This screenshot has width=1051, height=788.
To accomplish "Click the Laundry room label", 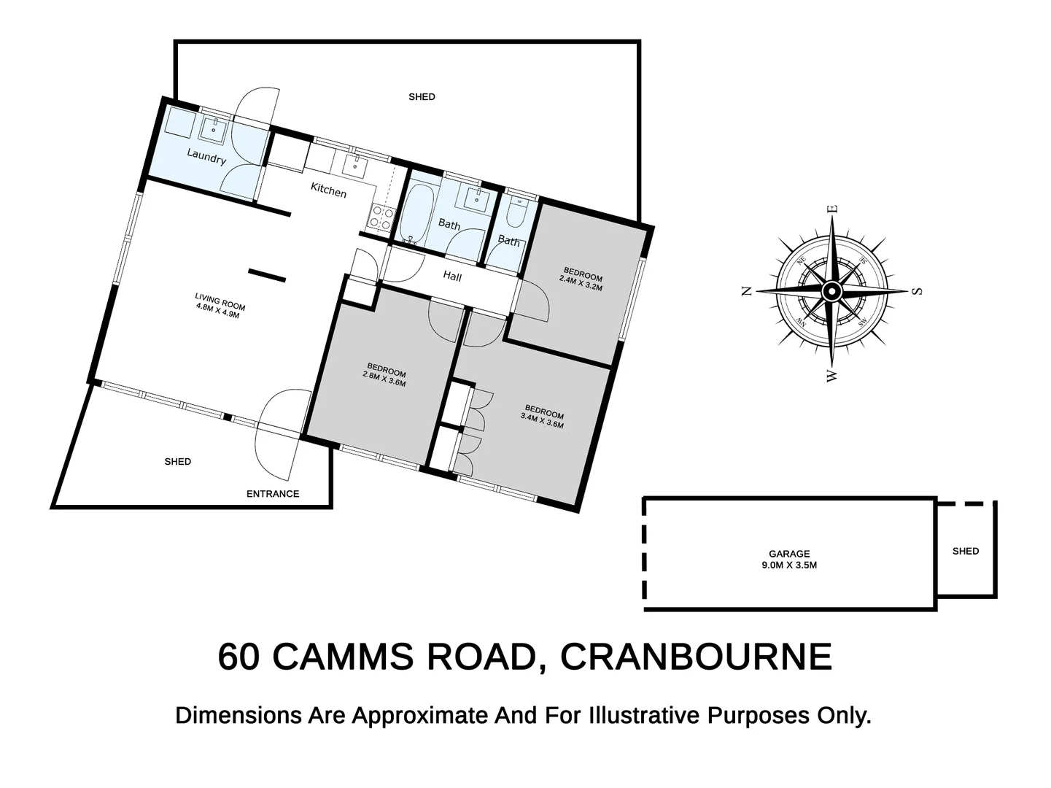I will coord(206,156).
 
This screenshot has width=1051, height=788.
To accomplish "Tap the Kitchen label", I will coord(328,190).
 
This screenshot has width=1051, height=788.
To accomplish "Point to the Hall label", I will coord(452,277).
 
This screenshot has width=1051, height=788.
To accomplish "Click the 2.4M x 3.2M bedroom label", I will coord(581,282).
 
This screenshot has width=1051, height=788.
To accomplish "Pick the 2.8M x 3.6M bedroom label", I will coord(385,375).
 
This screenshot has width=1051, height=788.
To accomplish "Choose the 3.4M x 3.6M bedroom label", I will coord(543,416).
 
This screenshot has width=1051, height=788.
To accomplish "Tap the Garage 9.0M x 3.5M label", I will coord(789,559).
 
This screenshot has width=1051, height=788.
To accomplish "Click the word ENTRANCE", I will coord(273,494).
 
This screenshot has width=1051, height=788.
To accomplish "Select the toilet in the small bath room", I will coord(516,213).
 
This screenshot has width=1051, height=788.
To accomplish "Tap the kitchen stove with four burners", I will coord(381,217).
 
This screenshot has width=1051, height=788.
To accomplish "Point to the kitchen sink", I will coord(355,166).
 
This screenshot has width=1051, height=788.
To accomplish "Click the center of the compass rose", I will coord(831,291).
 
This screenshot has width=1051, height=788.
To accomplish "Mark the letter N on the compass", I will coord(746,291).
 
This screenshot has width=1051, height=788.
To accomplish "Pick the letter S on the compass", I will coord(918,291).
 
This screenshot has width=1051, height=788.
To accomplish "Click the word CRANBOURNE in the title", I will coord(696,657).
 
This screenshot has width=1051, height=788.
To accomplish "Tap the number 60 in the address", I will coord(238,657).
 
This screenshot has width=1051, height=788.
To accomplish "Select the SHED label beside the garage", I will coord(965,551).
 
